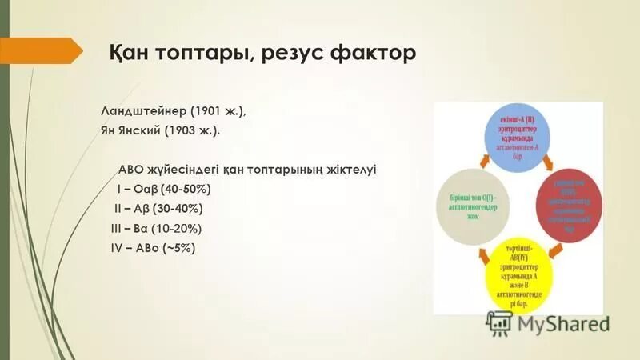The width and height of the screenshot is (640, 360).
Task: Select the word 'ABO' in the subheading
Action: point(132,170)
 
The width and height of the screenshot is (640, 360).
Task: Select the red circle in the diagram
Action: point(569,205)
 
